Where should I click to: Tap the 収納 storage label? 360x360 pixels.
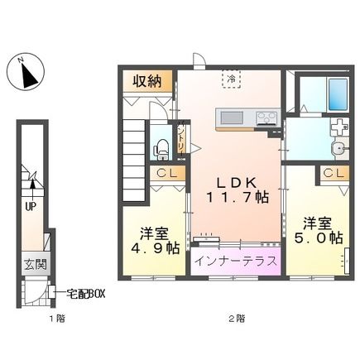click(146, 82)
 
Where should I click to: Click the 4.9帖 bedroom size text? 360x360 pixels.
click(152, 246)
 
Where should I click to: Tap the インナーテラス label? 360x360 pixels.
click(236, 261)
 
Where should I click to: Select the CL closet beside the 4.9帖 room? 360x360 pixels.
click(166, 174)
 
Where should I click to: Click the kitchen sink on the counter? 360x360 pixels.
click(228, 118)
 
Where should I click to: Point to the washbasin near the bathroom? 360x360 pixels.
click(338, 149)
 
